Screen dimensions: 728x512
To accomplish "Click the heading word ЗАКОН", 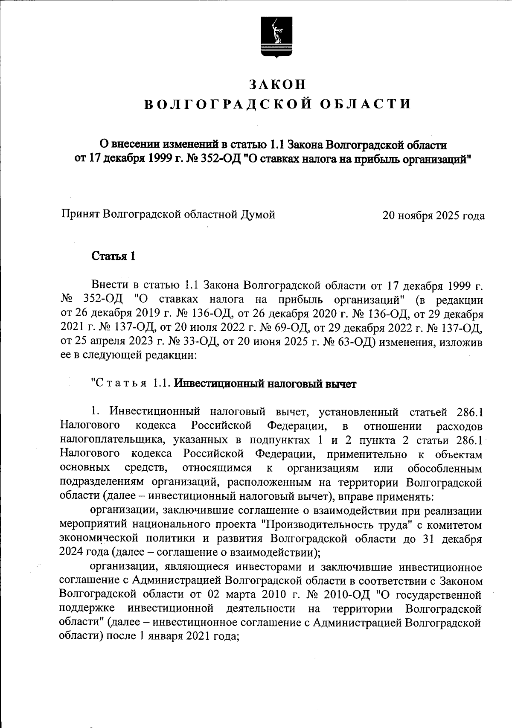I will click(278, 84).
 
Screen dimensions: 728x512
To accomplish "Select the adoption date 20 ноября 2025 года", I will click(433, 215).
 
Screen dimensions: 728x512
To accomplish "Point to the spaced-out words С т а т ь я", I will click(120, 384).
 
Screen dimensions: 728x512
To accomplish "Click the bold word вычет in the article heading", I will click(340, 384).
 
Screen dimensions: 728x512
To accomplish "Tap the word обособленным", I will click(445, 468).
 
